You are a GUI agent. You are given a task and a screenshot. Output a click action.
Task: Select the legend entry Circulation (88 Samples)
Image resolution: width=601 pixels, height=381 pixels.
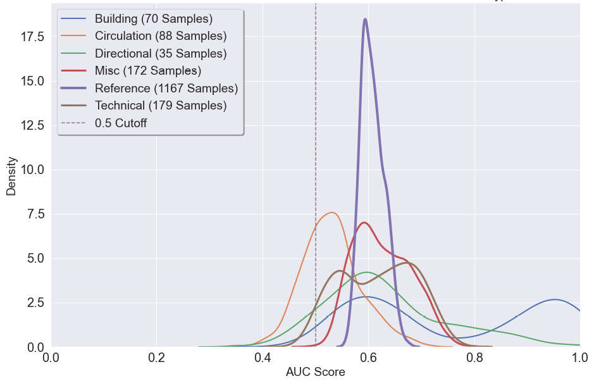point(160,36)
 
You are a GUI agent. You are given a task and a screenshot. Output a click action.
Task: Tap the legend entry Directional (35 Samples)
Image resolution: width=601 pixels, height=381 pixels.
point(160,54)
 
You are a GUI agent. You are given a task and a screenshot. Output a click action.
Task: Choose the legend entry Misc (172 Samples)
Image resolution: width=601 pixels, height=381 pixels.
point(147,71)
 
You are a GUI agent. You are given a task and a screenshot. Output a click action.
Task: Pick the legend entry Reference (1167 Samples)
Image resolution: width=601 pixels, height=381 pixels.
point(166,88)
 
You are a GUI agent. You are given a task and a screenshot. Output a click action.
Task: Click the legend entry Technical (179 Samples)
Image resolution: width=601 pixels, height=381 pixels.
point(160,106)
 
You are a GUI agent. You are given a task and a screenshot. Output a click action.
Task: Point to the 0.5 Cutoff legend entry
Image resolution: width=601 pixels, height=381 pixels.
point(120,123)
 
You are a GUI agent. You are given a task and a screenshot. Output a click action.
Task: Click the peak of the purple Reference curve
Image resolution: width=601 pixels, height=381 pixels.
point(365,19)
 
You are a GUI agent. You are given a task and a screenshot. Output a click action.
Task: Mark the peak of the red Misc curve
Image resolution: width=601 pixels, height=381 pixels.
point(364,222)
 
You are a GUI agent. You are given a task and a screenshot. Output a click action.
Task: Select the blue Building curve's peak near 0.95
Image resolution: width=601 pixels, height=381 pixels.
point(554,299)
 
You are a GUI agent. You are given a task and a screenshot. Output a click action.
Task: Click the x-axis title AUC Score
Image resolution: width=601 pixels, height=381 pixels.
point(315,372)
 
